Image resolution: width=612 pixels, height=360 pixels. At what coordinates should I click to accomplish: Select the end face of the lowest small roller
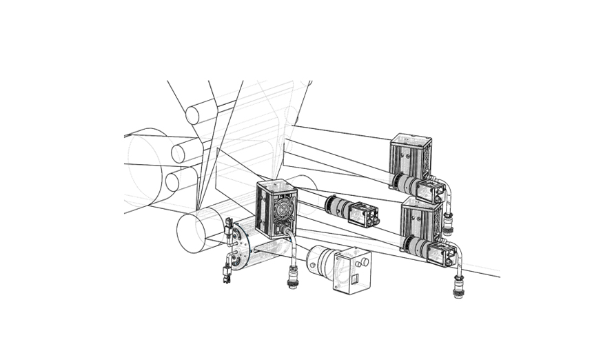[172, 181]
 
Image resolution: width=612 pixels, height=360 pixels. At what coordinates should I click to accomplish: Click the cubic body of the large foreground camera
[352, 270]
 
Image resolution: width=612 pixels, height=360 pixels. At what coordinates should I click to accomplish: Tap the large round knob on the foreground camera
[358, 262]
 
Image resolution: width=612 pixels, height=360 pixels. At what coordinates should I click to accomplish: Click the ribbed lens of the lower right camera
[416, 244]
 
